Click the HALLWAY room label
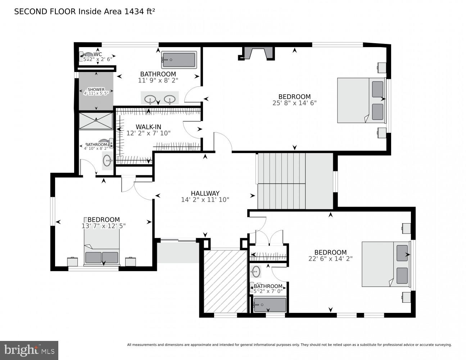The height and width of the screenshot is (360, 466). pyautogui.click(x=205, y=193)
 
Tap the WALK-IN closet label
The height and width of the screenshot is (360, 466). pyautogui.click(x=148, y=127)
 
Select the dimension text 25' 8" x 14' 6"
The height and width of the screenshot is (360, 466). pyautogui.click(x=294, y=103)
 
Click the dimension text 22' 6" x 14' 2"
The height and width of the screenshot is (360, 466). pyautogui.click(x=330, y=258)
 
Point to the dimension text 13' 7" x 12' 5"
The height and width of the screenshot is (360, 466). pyautogui.click(x=104, y=226)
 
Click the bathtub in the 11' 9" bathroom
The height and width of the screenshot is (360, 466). pyautogui.click(x=179, y=59)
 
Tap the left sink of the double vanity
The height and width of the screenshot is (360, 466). pyautogui.click(x=150, y=99)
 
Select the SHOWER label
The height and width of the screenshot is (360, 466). pyautogui.click(x=96, y=90)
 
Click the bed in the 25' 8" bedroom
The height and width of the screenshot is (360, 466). pyautogui.click(x=361, y=100)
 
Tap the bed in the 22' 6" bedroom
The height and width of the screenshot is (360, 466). pyautogui.click(x=385, y=264)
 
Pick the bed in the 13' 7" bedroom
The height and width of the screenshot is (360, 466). pyautogui.click(x=102, y=248)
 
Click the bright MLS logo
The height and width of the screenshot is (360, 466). pyautogui.click(x=29, y=350)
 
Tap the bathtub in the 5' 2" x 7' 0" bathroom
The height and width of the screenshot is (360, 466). pyautogui.click(x=270, y=305)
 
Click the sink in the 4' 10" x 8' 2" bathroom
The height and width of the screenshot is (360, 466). pyautogui.click(x=107, y=160)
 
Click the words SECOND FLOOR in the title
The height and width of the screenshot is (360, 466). pyautogui.click(x=45, y=12)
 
